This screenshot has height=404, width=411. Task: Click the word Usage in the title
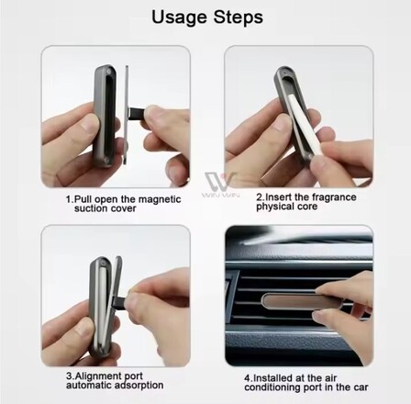pyautogui.click(x=179, y=17)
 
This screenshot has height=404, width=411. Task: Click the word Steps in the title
pyautogui.click(x=238, y=17)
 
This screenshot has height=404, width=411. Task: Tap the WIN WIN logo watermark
pyautogui.click(x=220, y=185)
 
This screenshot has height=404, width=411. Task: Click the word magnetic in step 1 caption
pyautogui.click(x=160, y=199)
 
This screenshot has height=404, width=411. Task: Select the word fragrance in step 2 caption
pyautogui.click(x=332, y=197)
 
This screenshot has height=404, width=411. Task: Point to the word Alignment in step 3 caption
pyautogui.click(x=108, y=376)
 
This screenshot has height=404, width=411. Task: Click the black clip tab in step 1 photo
pyautogui.click(x=137, y=113)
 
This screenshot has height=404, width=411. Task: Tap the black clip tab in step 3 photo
pyautogui.click(x=120, y=301)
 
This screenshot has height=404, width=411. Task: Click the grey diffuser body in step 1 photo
pyautogui.click(x=104, y=117)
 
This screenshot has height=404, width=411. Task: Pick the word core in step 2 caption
pyautogui.click(x=306, y=207)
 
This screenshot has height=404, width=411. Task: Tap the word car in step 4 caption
pyautogui.click(x=361, y=387)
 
